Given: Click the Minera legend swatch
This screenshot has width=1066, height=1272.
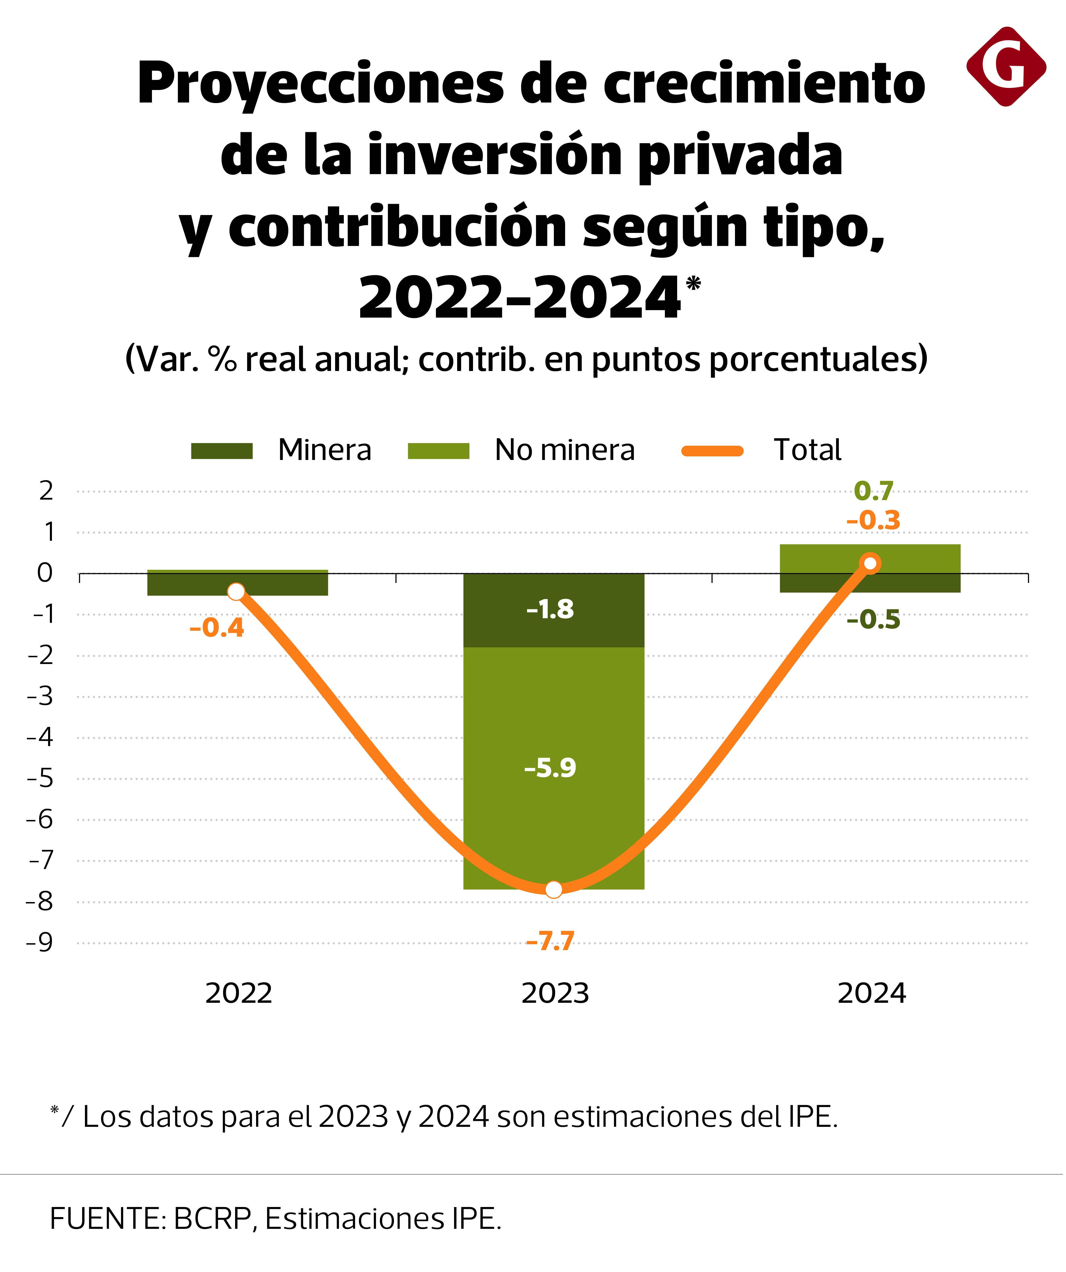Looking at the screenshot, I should [222, 451].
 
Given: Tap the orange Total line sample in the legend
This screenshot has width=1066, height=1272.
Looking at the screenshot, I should [713, 451].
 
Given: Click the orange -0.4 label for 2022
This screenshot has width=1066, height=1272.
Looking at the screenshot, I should [217, 628].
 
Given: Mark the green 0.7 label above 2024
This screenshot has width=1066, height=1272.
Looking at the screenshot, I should [873, 491].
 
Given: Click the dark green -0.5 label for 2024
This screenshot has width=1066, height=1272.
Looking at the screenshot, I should [873, 620].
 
